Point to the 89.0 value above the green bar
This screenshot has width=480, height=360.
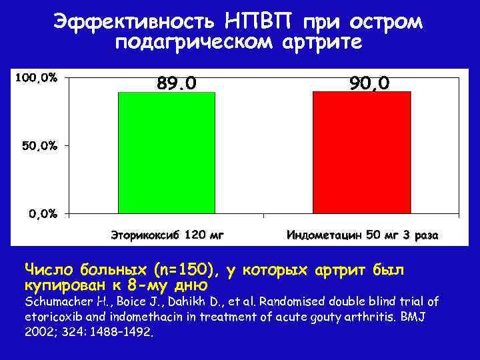click(177, 83)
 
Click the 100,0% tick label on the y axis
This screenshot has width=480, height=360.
click(36, 78)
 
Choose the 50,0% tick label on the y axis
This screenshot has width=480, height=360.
click(39, 145)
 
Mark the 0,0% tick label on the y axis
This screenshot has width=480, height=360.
click(41, 213)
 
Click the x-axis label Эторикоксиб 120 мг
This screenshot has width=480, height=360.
click(167, 235)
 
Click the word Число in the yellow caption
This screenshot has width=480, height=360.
click(49, 270)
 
